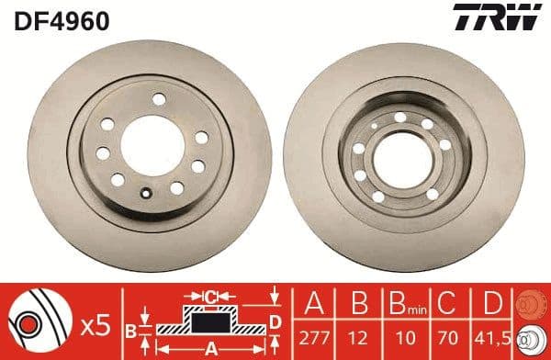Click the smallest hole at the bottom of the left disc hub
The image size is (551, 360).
(147, 193)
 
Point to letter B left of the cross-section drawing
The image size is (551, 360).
(130, 329)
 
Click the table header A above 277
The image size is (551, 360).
(315, 304)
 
